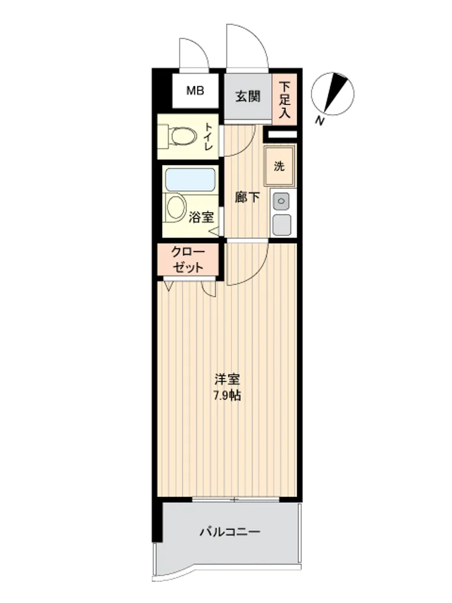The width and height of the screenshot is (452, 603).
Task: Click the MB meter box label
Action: point(195,91)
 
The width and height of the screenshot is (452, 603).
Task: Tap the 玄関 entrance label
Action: point(248,96)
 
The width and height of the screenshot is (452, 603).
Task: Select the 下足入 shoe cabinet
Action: point(284,99)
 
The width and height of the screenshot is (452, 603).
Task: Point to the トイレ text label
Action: point(209,136)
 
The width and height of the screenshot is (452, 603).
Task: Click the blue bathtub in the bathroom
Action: point(190,180)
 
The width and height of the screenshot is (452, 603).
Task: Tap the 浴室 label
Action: point(201,217)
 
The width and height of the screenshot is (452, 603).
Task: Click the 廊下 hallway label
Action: point(247,198)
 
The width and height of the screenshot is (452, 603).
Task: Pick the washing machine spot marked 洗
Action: point(280,166)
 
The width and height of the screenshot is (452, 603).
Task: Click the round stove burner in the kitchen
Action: point(281,201)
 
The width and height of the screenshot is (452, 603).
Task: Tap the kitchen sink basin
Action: point(281,224)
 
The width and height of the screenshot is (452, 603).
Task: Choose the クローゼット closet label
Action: point(188,259)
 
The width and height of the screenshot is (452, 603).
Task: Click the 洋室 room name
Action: point(227,379)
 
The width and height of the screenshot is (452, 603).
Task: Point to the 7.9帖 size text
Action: point(227,396)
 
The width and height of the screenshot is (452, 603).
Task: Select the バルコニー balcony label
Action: point(230,532)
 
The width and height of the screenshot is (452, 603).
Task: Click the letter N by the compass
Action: point(319,122)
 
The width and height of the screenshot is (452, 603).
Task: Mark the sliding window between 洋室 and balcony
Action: point(236,499)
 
